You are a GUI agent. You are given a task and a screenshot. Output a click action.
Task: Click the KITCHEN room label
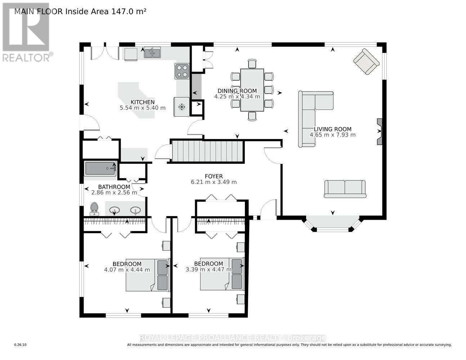143,102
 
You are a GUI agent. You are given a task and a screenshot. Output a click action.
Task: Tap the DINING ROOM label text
237,91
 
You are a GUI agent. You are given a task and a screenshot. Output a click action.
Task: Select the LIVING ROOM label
332,129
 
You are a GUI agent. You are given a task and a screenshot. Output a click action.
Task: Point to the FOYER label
214,176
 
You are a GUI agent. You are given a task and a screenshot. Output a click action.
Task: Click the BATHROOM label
114,187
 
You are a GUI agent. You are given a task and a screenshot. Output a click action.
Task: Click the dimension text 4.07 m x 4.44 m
127,270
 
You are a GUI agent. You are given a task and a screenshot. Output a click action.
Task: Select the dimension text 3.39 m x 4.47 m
209,270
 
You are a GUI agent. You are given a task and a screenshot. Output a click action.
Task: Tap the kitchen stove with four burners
182,71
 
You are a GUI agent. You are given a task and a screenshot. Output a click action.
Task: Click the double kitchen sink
152,54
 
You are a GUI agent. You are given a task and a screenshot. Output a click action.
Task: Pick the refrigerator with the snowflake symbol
182,107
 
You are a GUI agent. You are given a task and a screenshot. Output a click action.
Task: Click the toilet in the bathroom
94,209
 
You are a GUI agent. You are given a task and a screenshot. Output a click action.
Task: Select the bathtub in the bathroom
100,168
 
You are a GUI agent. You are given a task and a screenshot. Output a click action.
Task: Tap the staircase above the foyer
206,152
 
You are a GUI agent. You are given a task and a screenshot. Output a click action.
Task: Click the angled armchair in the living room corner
366,62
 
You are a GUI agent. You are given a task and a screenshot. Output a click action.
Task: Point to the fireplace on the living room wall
380,132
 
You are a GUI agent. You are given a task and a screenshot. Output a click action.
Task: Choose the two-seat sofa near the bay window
345,189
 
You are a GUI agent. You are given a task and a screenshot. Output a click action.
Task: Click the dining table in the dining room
252,90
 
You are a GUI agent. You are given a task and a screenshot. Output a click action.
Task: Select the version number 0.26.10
20,345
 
